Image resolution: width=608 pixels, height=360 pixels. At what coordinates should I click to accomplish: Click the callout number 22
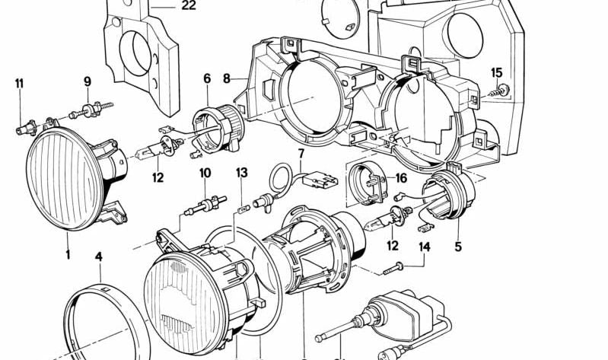point(188,6)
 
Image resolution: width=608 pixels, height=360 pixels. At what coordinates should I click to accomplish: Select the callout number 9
point(87,81)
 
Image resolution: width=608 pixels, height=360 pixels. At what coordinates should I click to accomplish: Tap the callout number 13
point(241,174)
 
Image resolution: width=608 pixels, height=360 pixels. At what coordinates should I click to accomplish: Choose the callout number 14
point(424,247)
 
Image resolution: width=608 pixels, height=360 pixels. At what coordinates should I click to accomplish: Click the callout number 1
point(67,254)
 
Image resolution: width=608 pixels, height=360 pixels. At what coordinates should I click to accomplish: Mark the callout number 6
point(206,78)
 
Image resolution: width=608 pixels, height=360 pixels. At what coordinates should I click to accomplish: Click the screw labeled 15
point(503,92)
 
